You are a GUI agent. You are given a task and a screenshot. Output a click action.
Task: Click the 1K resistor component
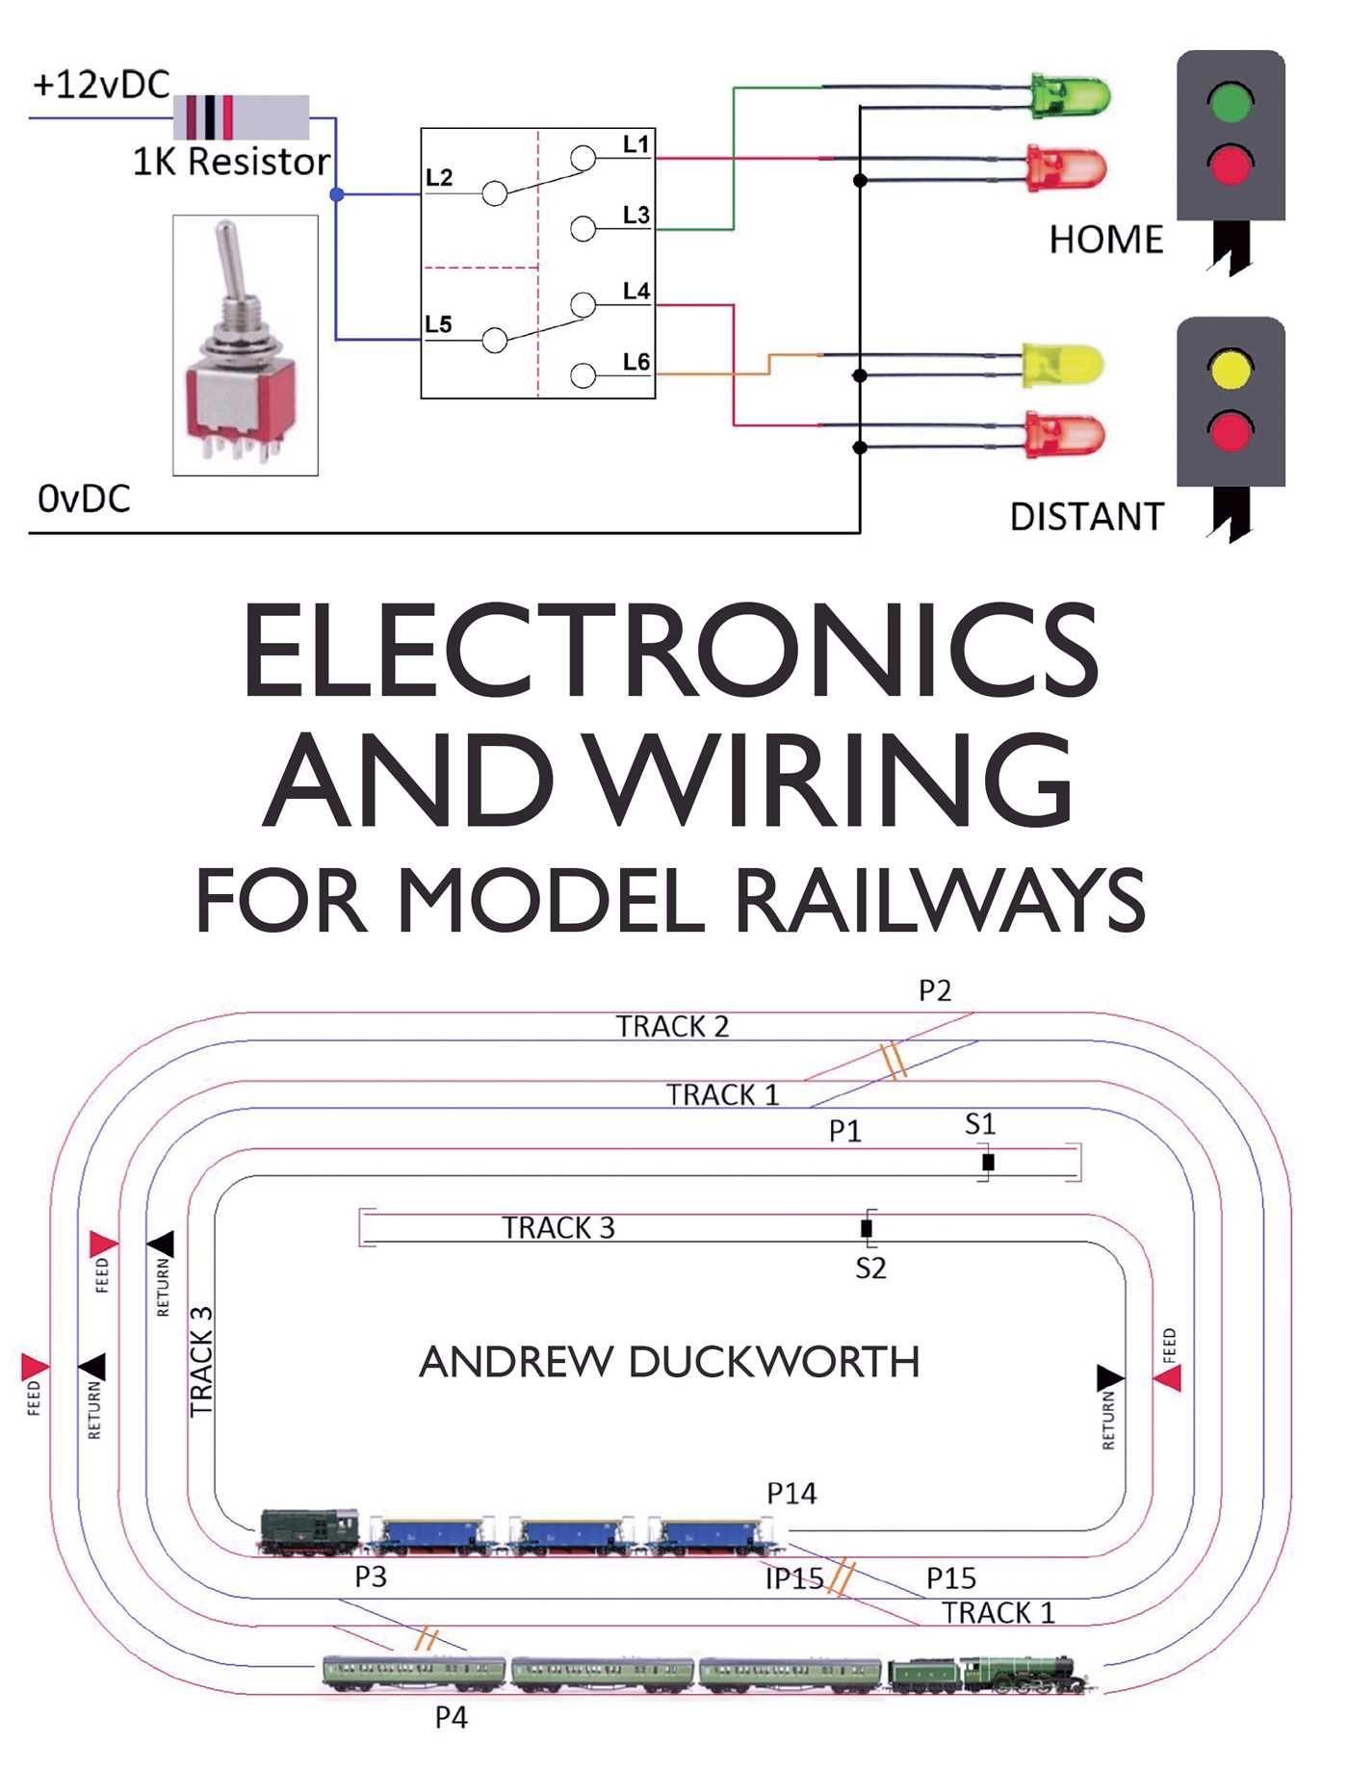coord(241,117)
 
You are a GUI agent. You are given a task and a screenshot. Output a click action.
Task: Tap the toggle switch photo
coord(245,345)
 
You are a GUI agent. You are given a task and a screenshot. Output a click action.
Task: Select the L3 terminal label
coord(636,215)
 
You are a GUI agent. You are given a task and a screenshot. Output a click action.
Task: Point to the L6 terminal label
coord(636,362)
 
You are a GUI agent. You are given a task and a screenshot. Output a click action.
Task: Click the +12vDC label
coord(100,85)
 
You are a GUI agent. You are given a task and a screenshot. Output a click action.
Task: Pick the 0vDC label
coord(84,499)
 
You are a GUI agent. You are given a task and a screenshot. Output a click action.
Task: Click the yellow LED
coord(1062,366)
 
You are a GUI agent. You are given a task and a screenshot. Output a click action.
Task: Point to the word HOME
coord(1106,240)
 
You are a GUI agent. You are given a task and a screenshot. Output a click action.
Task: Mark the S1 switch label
coord(980,1124)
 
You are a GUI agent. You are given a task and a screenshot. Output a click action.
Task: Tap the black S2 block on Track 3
coord(867,1228)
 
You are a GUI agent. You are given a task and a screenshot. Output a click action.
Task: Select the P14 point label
coord(791,1494)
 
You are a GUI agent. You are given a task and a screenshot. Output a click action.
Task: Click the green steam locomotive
coord(992,1676)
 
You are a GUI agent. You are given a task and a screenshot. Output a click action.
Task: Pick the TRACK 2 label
coord(673,1027)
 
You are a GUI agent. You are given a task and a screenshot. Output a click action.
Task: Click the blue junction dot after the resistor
coord(336,194)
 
